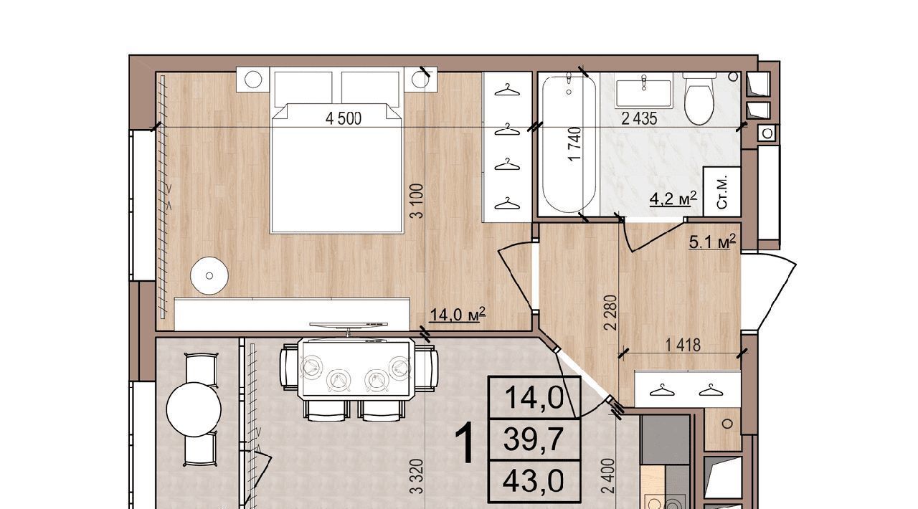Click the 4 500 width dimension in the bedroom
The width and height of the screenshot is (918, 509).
point(344,119)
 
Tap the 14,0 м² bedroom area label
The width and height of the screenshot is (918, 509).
point(458,315)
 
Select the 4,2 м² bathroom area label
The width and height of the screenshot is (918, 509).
point(673,199)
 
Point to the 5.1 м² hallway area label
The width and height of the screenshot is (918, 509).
point(712,242)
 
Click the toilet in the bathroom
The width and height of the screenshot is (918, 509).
point(699,98)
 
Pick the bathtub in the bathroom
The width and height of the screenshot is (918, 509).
point(569,143)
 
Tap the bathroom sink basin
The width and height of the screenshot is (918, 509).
point(643,94)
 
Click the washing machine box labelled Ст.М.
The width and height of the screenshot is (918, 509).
point(721,191)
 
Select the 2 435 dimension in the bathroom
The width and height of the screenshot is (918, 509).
point(639,119)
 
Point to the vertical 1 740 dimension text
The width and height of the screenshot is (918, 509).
point(575,144)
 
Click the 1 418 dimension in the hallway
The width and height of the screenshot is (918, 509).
point(683,346)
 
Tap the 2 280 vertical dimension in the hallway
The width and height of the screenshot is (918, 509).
point(610,313)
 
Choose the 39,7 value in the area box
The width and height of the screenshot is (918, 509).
point(534,438)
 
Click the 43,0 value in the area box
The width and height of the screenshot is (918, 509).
point(533,480)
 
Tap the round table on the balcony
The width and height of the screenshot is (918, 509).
point(194,409)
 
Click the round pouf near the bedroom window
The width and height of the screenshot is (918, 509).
point(209,275)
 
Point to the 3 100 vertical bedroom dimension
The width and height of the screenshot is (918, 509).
point(417,201)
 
